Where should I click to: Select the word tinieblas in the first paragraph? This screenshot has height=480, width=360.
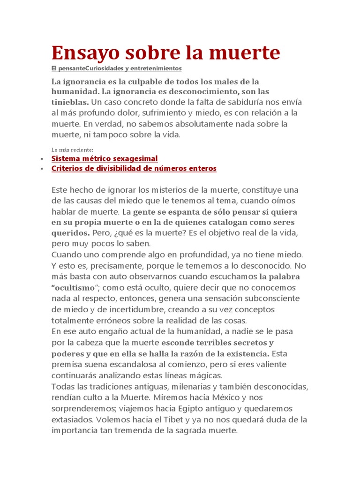(x=69, y=102)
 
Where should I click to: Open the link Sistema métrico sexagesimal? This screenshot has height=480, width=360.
(x=104, y=158)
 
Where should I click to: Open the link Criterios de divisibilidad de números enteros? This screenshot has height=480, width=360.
(x=134, y=168)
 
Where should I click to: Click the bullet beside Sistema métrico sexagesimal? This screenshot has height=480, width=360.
(x=42, y=159)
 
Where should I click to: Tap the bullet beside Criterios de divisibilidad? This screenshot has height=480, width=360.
(x=42, y=169)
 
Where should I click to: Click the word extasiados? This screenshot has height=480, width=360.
(x=71, y=420)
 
